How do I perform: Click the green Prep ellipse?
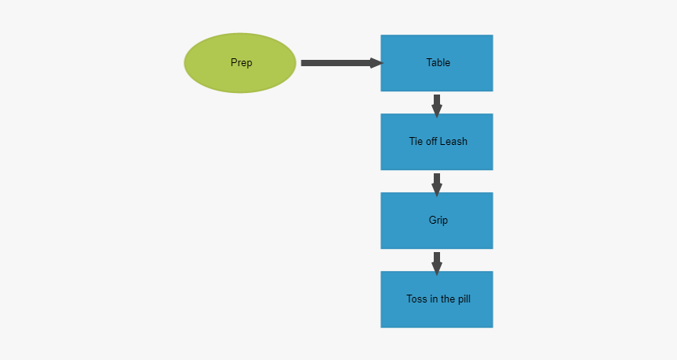[240, 63]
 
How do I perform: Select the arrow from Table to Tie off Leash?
[437, 105]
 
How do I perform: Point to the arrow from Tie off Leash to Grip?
[437, 184]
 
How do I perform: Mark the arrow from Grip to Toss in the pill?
[437, 262]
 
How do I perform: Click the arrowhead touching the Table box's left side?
[376, 63]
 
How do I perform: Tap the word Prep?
[242, 63]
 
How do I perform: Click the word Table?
[438, 63]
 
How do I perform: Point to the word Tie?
[416, 142]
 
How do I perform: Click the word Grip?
[438, 221]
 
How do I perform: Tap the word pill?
[462, 299]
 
